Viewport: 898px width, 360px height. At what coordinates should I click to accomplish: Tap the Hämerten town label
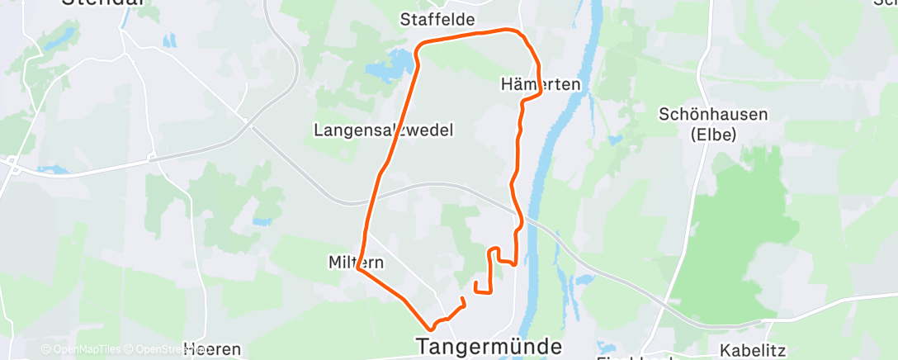[x=541, y=84]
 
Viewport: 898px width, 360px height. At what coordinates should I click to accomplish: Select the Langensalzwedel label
[x=383, y=130]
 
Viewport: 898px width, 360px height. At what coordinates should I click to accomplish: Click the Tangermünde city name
[x=490, y=345]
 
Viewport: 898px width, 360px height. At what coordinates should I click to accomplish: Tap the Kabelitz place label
[x=751, y=350]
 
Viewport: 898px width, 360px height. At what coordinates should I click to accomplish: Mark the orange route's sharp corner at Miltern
[x=357, y=268]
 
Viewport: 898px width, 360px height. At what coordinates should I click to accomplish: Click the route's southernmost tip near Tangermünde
[x=430, y=329]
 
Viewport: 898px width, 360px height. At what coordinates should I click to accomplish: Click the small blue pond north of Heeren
[x=262, y=221]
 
